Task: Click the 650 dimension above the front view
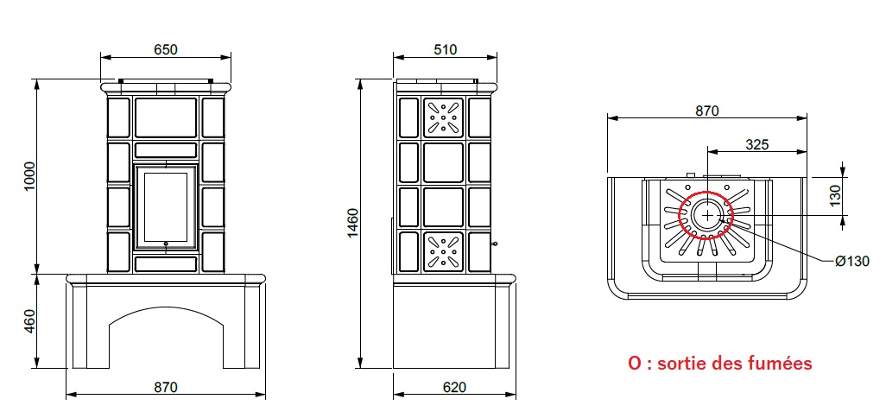click(x=166, y=50)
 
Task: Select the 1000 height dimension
click(x=29, y=176)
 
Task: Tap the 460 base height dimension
click(x=29, y=321)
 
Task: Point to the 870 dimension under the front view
click(x=166, y=387)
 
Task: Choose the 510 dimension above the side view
click(x=446, y=50)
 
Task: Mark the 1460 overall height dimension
click(x=352, y=223)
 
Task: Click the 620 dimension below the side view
click(x=455, y=387)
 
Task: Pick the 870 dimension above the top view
click(x=707, y=111)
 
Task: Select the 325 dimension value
click(x=757, y=144)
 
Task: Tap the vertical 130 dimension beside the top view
click(x=835, y=195)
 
